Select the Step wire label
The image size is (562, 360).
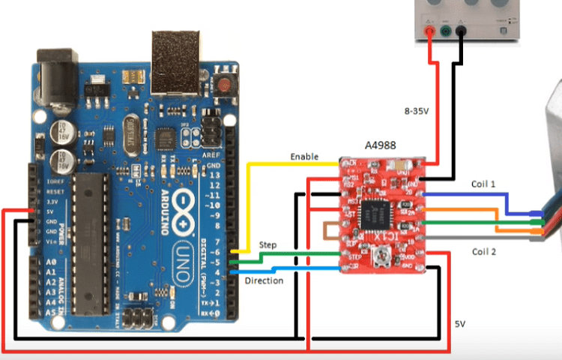click(268, 245)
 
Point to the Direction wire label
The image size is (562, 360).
click(265, 280)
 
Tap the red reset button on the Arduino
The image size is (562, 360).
click(225, 83)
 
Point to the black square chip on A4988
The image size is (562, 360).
click(376, 215)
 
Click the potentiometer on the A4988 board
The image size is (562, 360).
click(381, 259)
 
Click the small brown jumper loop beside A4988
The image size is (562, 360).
click(330, 234)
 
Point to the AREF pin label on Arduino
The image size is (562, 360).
click(213, 153)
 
